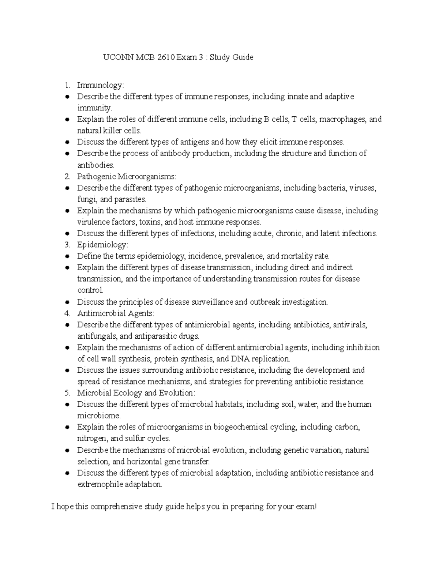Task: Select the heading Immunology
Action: coord(100,85)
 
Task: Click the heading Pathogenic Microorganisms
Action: coord(126,177)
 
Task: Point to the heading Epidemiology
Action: coord(102,245)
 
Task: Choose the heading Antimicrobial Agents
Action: coord(116,313)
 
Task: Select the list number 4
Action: coord(67,313)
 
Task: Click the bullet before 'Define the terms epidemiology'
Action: coord(67,256)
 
